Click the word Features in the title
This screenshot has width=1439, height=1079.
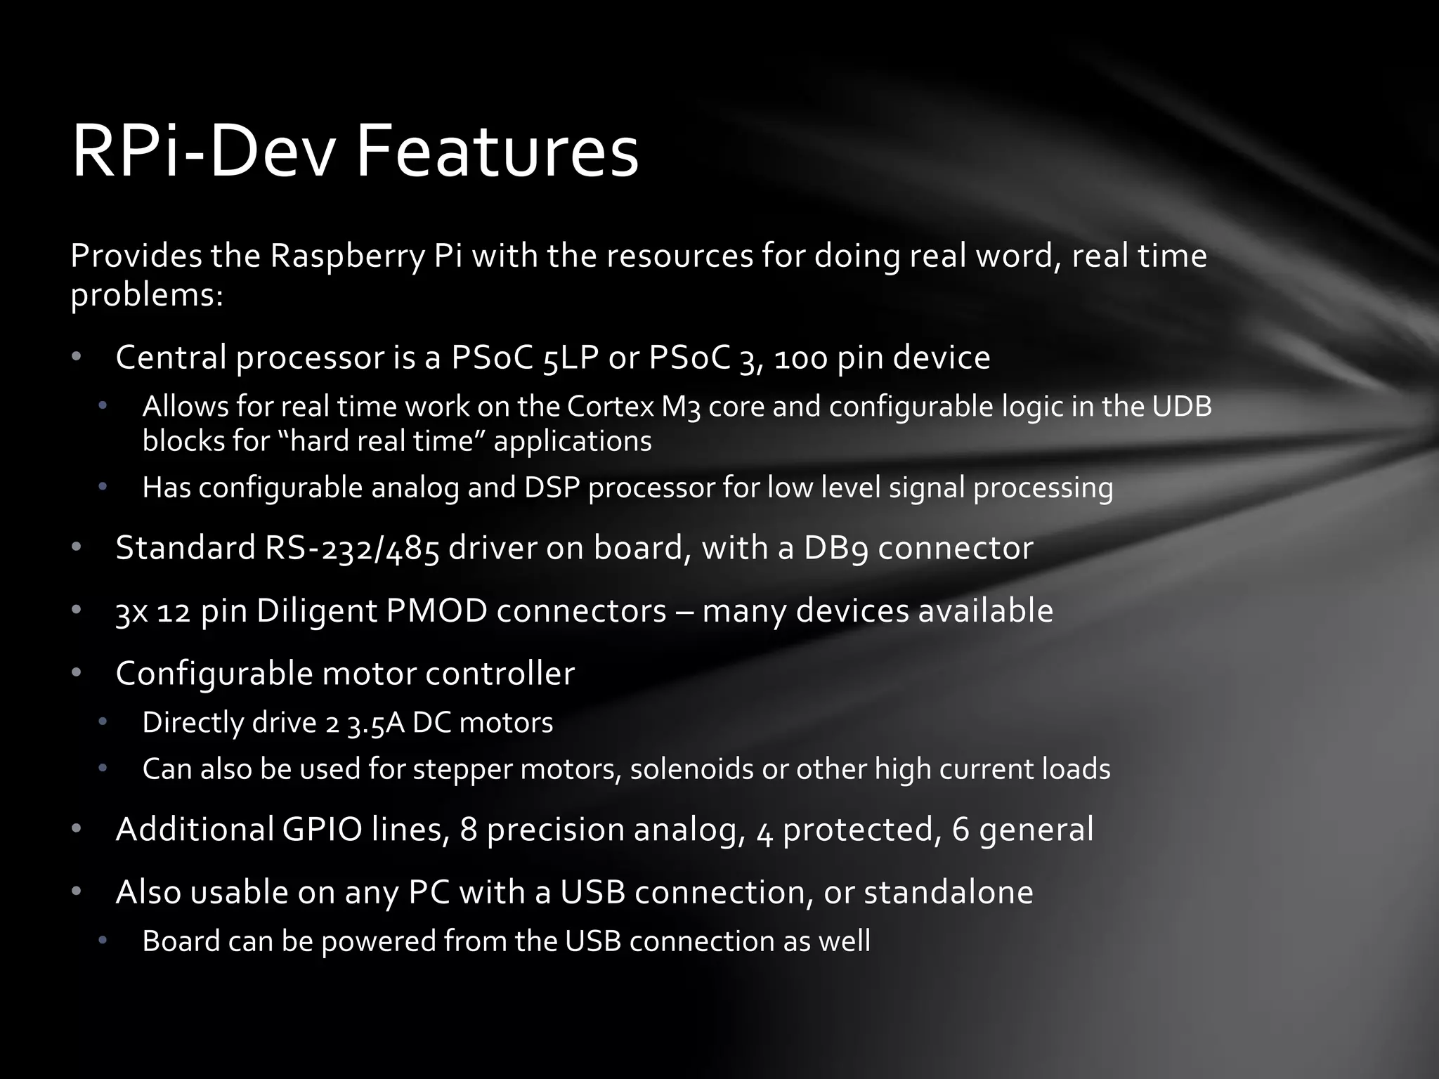(497, 152)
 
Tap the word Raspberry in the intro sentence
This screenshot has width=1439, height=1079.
(347, 256)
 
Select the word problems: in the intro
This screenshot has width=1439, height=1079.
(147, 296)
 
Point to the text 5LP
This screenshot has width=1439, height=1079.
(571, 358)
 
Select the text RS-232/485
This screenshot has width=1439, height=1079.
(352, 548)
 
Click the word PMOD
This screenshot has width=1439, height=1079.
(436, 610)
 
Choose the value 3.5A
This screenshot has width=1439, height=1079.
(376, 723)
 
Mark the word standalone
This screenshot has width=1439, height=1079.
(948, 892)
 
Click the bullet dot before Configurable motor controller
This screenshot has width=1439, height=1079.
(77, 673)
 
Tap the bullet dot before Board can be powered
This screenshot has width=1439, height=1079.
(103, 941)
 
